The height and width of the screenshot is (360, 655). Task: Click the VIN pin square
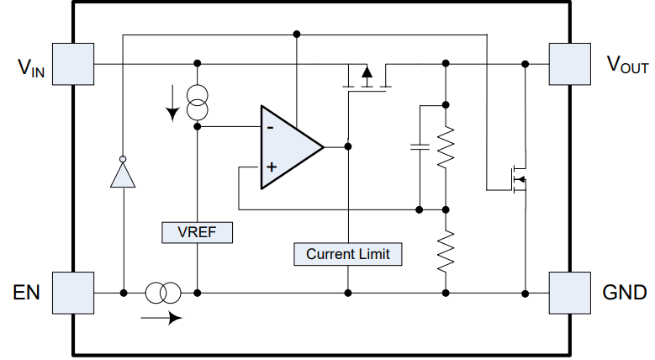73,64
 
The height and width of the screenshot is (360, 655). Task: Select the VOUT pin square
569,64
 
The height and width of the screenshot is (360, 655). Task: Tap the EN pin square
73,292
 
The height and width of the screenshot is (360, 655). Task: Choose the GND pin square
569,292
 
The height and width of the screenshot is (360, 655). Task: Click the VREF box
196,233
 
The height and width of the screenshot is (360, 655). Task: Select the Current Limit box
347,253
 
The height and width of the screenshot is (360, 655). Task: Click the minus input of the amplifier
269,128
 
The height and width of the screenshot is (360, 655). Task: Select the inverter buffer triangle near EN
124,175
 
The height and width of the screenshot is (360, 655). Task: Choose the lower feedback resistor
446,250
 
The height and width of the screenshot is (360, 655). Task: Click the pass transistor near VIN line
367,79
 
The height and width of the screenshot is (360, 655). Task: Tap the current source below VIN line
197,102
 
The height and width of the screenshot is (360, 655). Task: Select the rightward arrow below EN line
162,318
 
